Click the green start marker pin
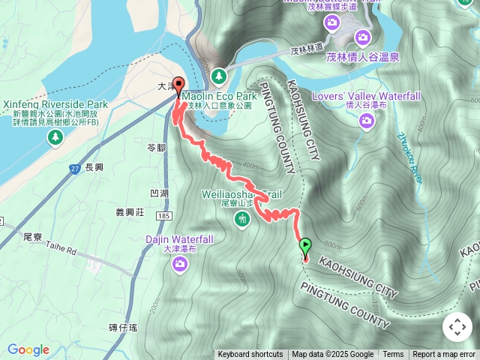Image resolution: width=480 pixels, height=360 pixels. pyautogui.click(x=305, y=245)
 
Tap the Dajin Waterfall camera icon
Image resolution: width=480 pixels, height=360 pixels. pyautogui.click(x=179, y=263)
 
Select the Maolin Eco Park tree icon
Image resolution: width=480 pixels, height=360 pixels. pyautogui.click(x=218, y=76)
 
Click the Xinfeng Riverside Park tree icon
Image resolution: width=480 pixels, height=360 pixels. pyautogui.click(x=55, y=137)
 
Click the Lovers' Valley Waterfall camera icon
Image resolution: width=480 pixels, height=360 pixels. pyautogui.click(x=367, y=121)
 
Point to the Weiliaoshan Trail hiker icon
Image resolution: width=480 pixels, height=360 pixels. pyautogui.click(x=241, y=220)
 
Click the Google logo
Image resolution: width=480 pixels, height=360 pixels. pyautogui.click(x=28, y=349)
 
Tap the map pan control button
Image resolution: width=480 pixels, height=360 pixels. pyautogui.click(x=457, y=327)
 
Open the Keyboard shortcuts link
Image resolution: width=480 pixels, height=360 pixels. pyautogui.click(x=250, y=355)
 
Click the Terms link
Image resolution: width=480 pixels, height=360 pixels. pyautogui.click(x=393, y=355)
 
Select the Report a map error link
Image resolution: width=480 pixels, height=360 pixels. pyautogui.click(x=444, y=355)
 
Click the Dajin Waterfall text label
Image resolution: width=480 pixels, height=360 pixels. pyautogui.click(x=179, y=240)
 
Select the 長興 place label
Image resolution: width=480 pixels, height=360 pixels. pyautogui.click(x=94, y=169)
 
